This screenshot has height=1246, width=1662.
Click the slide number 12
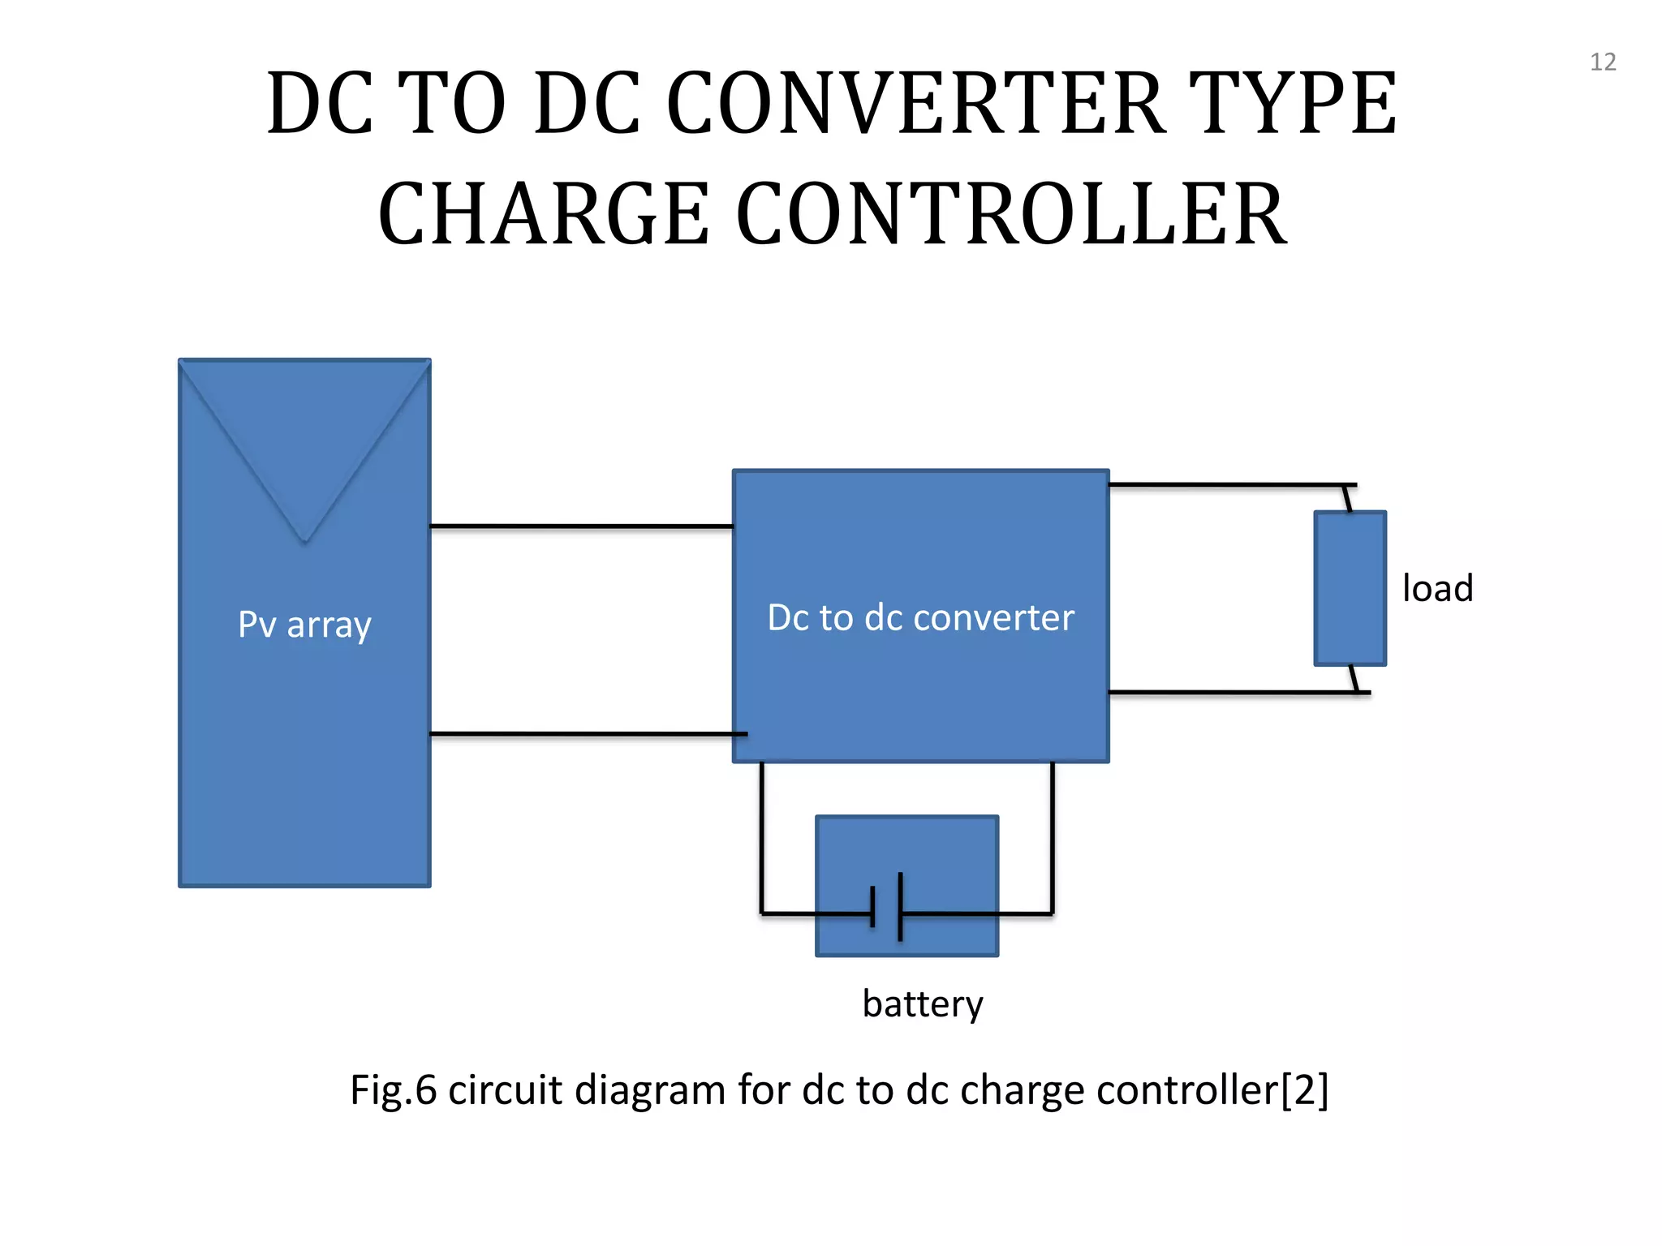pyautogui.click(x=1602, y=62)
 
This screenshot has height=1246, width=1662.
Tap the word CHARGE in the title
pyautogui.click(x=544, y=214)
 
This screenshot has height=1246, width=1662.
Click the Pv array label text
pyautogui.click(x=304, y=625)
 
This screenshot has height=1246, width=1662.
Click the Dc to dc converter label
pyautogui.click(x=920, y=618)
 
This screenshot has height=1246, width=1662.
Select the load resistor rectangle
pyautogui.click(x=1350, y=588)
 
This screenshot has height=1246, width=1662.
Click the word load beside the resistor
pyautogui.click(x=1437, y=589)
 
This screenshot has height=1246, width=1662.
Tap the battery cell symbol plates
pyautogui.click(x=887, y=907)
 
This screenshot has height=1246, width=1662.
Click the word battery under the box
pyautogui.click(x=923, y=1004)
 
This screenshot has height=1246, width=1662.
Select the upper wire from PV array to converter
pyautogui.click(x=580, y=526)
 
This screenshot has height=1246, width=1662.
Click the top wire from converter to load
pyautogui.click(x=1225, y=485)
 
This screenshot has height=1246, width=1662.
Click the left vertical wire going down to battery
pyautogui.click(x=761, y=836)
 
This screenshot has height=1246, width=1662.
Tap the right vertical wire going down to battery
pyautogui.click(x=1053, y=836)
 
